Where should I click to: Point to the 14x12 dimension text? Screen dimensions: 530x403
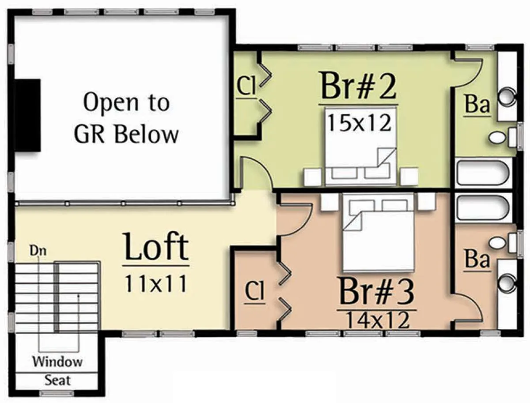(x=378, y=320)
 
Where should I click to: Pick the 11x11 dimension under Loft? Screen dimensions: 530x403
(x=156, y=284)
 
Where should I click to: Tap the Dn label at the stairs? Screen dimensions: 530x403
(x=38, y=251)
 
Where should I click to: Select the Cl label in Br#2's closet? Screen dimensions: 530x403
(x=246, y=87)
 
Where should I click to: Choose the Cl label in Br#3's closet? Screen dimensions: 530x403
(x=254, y=291)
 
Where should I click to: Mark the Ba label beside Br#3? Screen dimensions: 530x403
(x=477, y=260)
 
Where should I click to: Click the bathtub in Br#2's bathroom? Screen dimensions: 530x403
(x=483, y=173)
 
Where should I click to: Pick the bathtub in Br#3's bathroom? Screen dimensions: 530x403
(x=483, y=208)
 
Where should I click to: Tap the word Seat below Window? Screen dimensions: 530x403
(x=57, y=380)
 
